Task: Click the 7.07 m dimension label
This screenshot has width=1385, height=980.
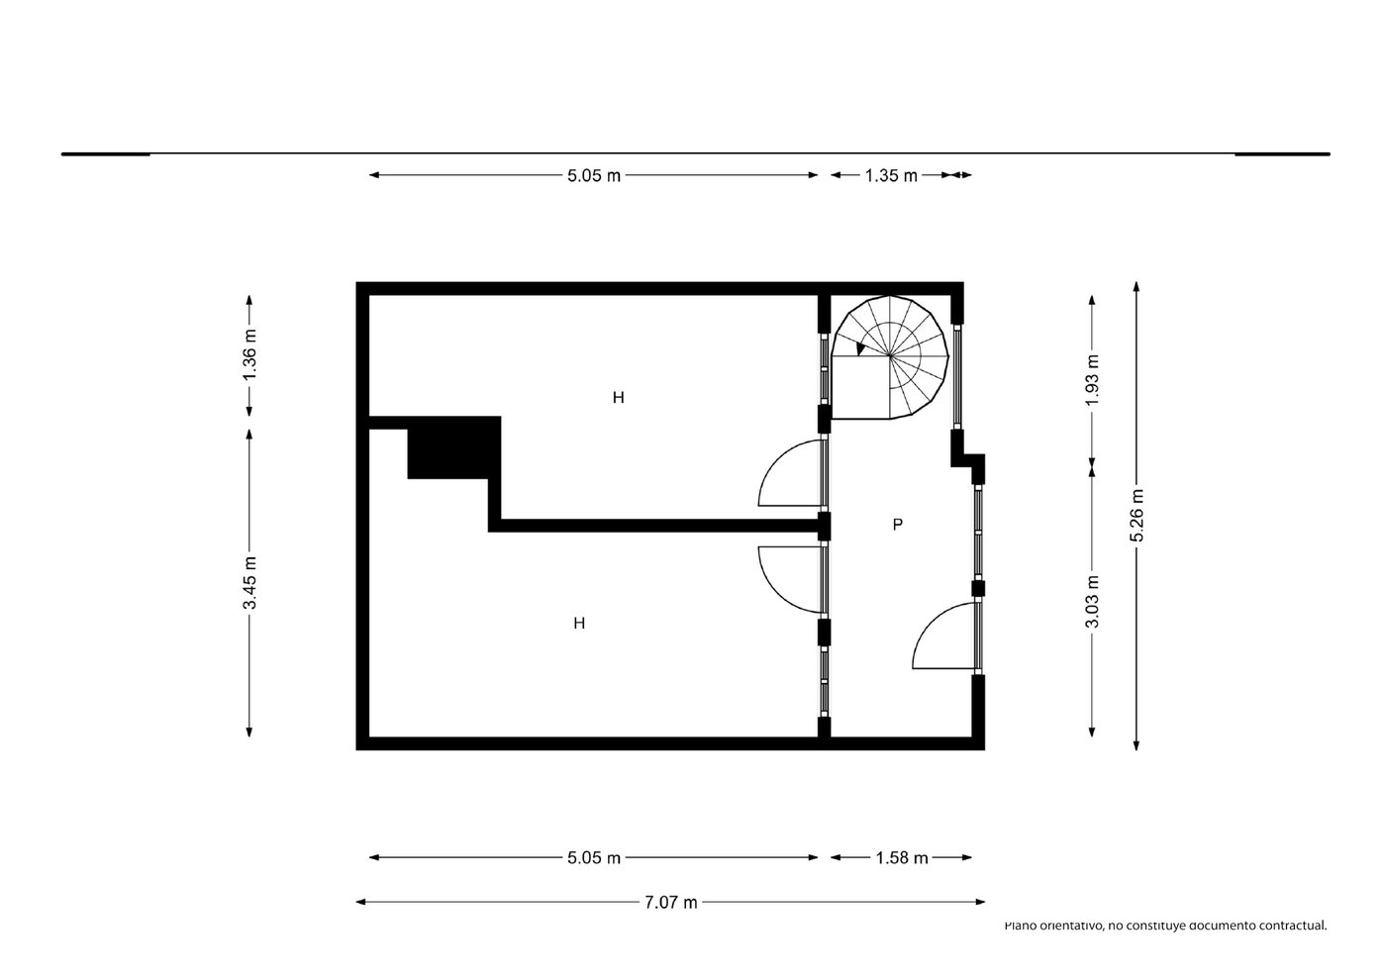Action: coord(671,903)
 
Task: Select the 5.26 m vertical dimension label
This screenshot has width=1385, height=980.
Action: coord(1137,515)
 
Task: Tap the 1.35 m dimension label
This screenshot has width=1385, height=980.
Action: coord(891,175)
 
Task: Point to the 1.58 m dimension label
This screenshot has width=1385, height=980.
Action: coord(902,858)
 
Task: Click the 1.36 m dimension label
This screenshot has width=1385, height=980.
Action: coord(249,355)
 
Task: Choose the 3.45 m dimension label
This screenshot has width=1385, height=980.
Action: coord(249,582)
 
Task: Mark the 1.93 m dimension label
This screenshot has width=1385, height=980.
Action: coord(1092,380)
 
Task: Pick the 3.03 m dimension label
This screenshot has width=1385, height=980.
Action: coord(1092,601)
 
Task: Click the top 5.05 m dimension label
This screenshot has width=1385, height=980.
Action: coord(594,175)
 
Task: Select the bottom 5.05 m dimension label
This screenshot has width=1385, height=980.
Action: coord(594,858)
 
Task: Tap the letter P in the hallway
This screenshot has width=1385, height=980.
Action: coord(898,525)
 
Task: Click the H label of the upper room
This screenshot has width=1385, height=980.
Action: coord(619,398)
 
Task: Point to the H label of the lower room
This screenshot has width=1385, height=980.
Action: coord(579,624)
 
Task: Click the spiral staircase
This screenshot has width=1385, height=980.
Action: coord(890,357)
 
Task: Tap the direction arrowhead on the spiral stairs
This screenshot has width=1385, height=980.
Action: coord(860,348)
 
